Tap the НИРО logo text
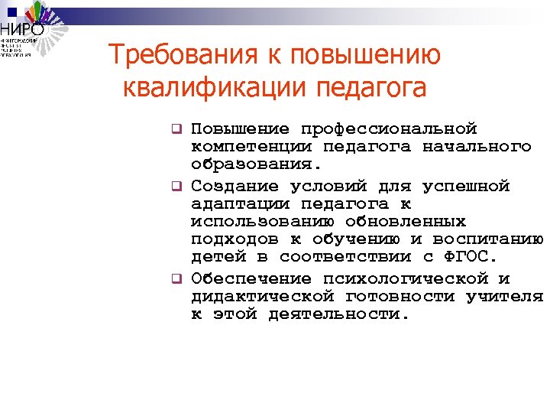point(24,29)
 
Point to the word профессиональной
point(389,128)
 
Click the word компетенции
point(241,145)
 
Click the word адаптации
point(241,203)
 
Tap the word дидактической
point(263,296)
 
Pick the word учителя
point(505,296)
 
